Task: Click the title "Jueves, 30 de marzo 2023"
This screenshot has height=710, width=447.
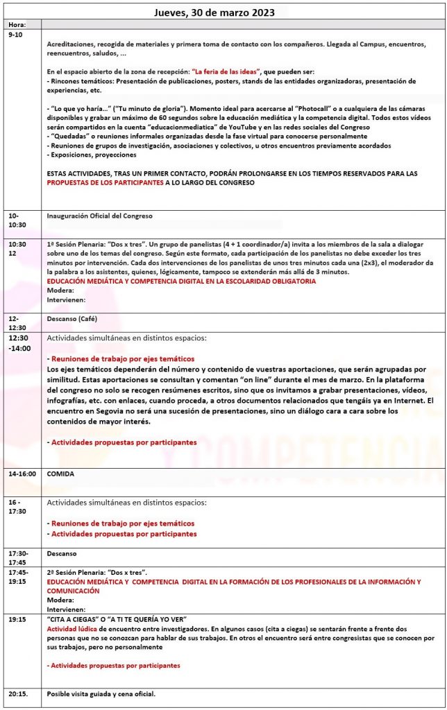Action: (223, 12)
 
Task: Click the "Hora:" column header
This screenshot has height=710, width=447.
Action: (17, 25)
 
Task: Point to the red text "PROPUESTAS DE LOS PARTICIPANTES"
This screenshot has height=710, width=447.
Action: (105, 183)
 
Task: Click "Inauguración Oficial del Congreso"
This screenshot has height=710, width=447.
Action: (99, 216)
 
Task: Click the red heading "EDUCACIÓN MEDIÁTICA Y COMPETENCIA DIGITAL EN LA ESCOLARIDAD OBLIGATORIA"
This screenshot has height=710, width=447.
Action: (180, 282)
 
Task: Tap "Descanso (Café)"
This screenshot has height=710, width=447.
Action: (72, 318)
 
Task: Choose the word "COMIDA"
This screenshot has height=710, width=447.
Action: (60, 474)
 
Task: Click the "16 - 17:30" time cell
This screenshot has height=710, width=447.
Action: (19, 507)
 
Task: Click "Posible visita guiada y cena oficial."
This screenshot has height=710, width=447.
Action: (101, 694)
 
